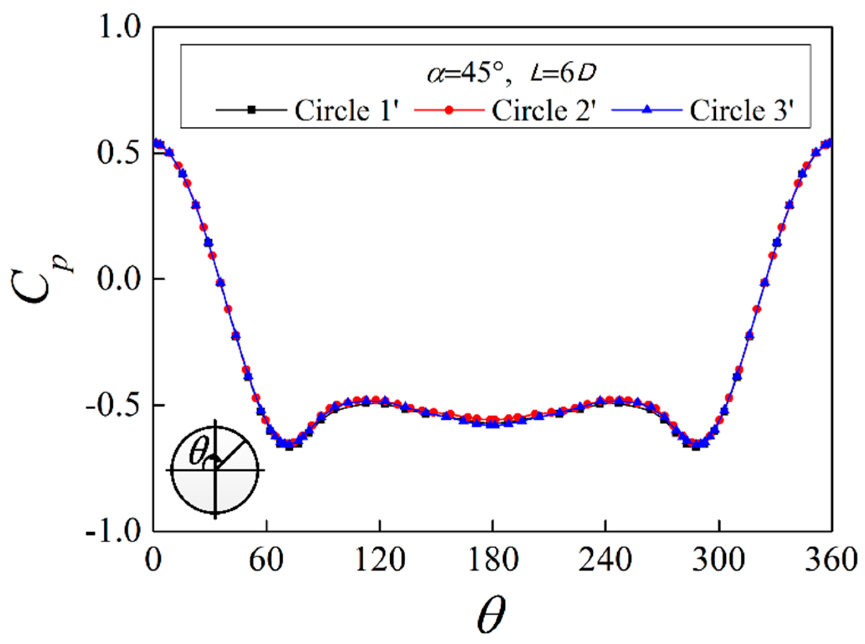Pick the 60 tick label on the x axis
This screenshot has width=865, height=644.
(266, 560)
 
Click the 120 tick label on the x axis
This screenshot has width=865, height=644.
(380, 560)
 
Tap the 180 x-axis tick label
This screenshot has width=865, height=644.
(493, 560)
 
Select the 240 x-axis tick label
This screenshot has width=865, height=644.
(606, 560)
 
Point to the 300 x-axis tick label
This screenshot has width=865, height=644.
(719, 560)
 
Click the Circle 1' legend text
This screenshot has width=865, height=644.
(348, 111)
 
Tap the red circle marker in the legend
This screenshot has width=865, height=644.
(449, 110)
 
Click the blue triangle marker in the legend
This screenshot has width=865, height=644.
(647, 110)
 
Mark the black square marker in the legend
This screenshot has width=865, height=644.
(251, 110)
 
